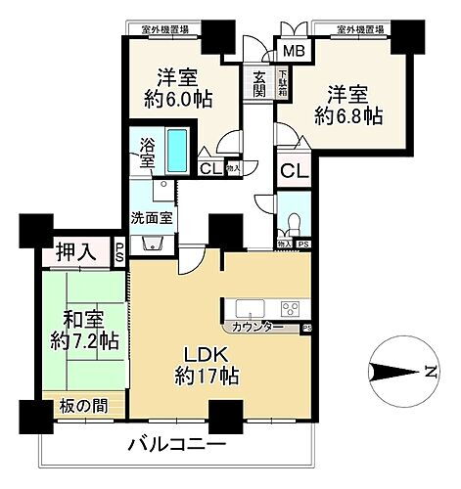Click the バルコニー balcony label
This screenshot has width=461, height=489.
(x=184, y=446)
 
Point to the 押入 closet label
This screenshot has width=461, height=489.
(x=74, y=253)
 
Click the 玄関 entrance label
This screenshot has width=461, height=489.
(x=258, y=84)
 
